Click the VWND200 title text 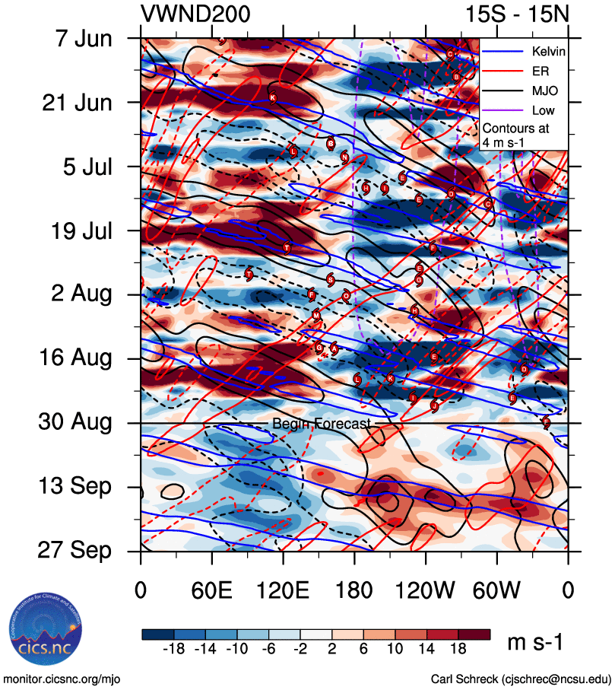(x=195, y=14)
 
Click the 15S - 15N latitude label (x=517, y=14)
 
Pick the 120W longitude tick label (x=426, y=591)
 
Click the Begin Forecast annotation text (x=322, y=424)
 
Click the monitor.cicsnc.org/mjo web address (x=62, y=679)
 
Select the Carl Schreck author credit (x=521, y=679)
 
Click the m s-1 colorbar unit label (x=536, y=643)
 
